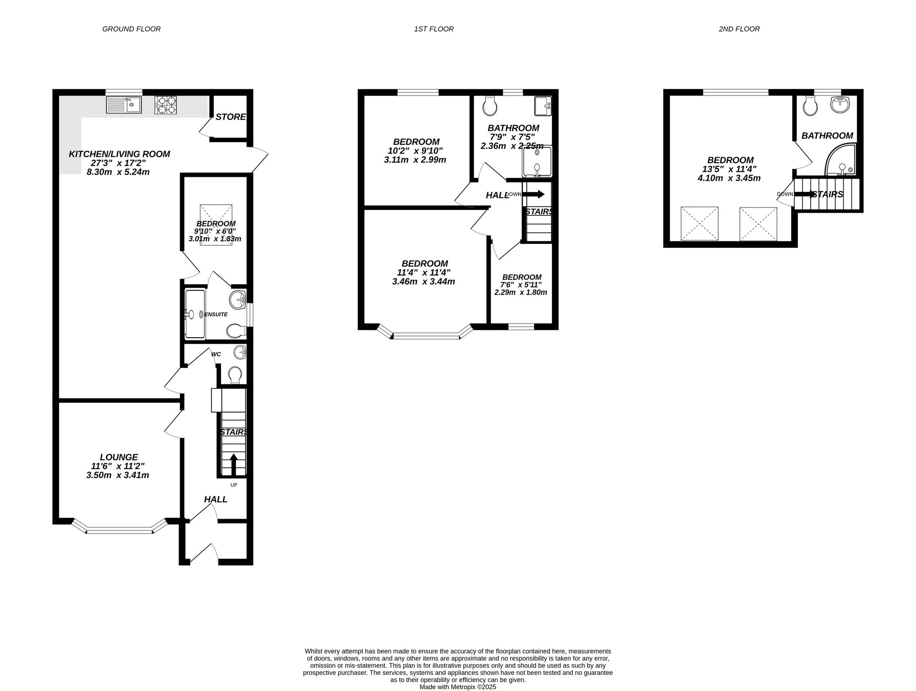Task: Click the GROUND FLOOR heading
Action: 131,29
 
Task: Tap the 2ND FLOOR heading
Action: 739,29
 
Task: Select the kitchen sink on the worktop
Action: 124,105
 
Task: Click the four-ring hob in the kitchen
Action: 165,105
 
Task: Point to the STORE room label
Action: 231,117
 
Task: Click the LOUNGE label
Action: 119,457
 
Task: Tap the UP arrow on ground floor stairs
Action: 234,464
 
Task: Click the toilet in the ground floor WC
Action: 235,375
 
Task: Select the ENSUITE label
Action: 216,314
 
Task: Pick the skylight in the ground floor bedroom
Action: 216,225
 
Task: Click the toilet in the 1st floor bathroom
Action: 490,106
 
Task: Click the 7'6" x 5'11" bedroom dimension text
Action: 522,285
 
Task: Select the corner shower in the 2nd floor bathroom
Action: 840,159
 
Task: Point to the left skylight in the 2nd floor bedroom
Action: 699,224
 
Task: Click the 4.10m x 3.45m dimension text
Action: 729,178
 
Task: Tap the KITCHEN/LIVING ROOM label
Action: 119,154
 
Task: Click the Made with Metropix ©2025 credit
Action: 458,687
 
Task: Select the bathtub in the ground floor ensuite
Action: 196,314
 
